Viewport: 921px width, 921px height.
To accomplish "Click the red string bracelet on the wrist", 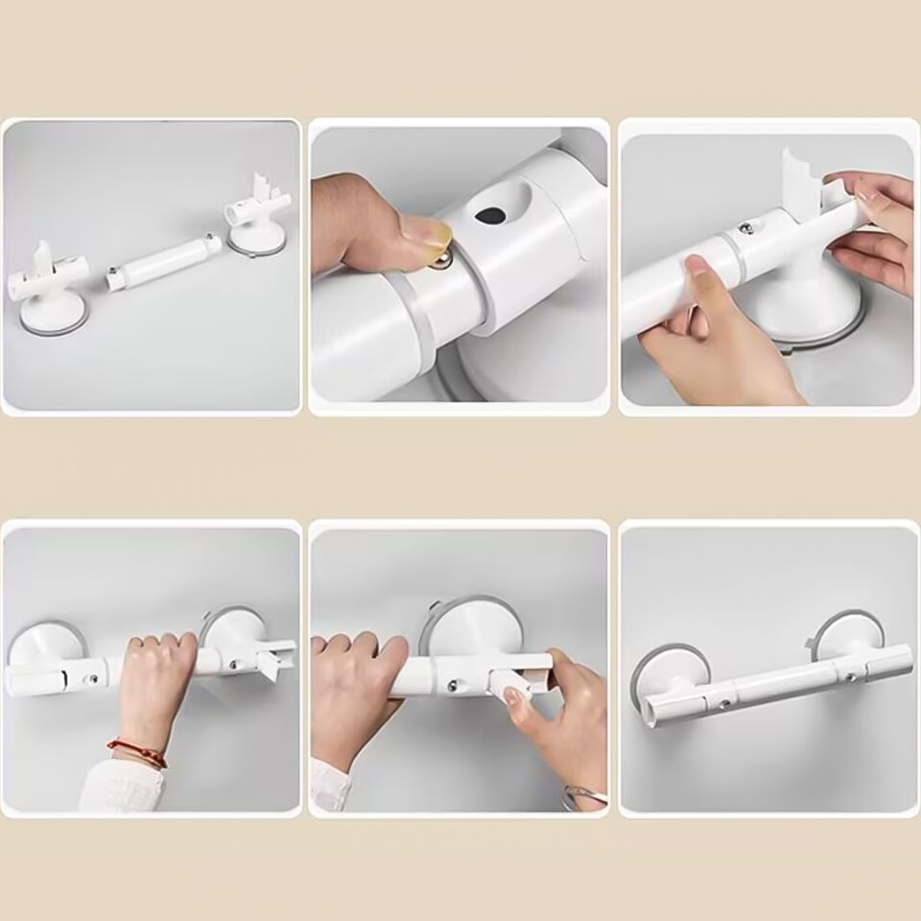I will point(137,750).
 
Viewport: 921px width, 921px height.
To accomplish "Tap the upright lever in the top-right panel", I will point(802,177).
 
